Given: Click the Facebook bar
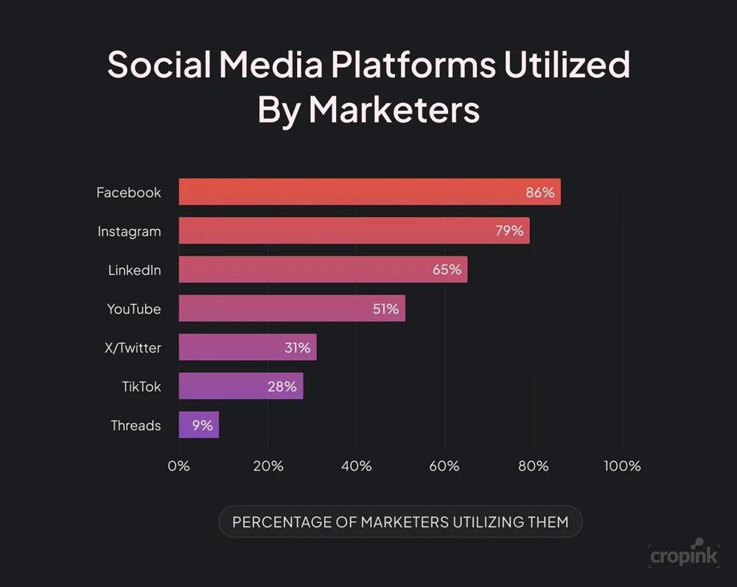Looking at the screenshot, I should click(x=368, y=192).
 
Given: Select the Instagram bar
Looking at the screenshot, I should click(x=354, y=231).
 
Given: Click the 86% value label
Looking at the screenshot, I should click(x=539, y=192).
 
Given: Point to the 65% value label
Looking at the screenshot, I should click(x=447, y=270).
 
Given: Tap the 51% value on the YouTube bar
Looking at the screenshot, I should click(x=385, y=309).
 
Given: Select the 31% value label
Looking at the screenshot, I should click(x=297, y=348).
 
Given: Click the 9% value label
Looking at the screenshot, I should click(x=203, y=425).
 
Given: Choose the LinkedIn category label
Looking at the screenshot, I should click(x=134, y=270).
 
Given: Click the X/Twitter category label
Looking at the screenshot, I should click(x=133, y=348).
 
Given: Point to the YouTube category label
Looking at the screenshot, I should click(x=133, y=309).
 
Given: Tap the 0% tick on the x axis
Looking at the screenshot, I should click(x=179, y=466).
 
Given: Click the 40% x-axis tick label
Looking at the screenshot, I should click(x=356, y=466).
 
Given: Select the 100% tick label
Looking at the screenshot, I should click(x=622, y=466).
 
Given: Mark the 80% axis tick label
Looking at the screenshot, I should click(x=533, y=466).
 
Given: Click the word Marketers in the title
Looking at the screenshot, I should click(x=394, y=110).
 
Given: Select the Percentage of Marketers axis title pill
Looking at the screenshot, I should click(x=400, y=522).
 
